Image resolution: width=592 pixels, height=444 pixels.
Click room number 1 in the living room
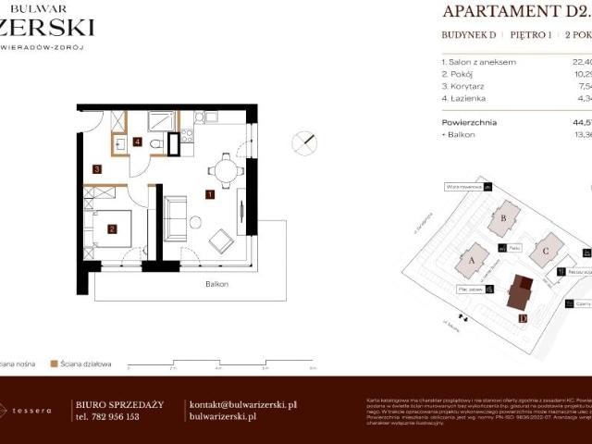point(211,195)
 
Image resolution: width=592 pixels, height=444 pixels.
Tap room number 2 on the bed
point(112,229)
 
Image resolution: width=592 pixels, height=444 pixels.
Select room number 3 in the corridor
point(96,169)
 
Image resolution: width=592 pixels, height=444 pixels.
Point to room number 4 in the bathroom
point(137,142)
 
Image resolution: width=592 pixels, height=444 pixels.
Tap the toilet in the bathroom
point(158,144)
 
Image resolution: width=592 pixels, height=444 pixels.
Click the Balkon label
point(216,284)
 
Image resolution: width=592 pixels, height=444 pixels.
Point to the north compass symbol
point(304,143)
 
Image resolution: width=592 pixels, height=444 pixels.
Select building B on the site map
point(503,218)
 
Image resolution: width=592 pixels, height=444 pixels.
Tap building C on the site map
point(546,250)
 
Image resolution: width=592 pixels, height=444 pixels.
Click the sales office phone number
point(106,416)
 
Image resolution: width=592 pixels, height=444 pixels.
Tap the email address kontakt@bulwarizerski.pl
point(242,404)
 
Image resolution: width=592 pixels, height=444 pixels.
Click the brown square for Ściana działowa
point(55,364)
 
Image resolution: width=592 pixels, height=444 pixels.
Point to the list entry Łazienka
point(468,97)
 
